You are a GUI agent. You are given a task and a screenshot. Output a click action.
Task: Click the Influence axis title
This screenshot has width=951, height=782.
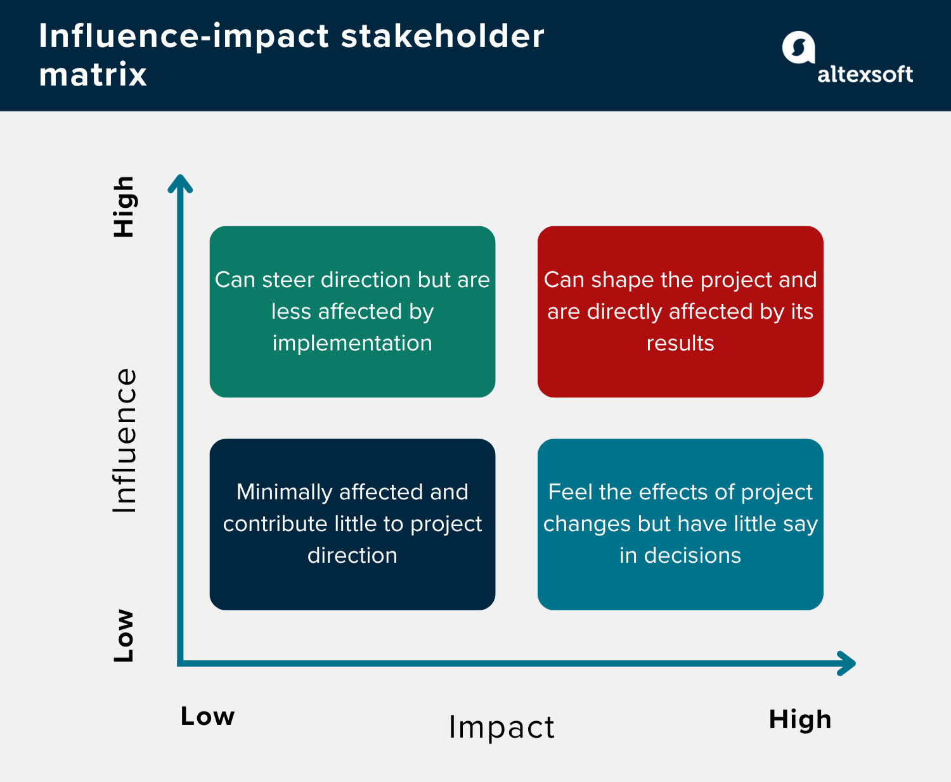pyautogui.click(x=125, y=440)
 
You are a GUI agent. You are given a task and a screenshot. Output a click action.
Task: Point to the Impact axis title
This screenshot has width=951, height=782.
pyautogui.click(x=501, y=727)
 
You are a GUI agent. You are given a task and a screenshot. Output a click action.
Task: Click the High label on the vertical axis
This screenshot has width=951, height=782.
pyautogui.click(x=124, y=207)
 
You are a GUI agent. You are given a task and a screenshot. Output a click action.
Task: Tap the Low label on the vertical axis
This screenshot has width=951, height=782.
pyautogui.click(x=124, y=636)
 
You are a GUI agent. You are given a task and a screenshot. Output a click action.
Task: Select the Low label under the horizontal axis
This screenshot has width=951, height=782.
pyautogui.click(x=207, y=716)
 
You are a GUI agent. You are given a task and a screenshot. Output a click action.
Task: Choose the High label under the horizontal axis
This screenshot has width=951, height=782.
pyautogui.click(x=799, y=720)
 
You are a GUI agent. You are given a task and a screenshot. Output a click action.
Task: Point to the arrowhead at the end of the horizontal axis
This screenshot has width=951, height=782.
pyautogui.click(x=848, y=663)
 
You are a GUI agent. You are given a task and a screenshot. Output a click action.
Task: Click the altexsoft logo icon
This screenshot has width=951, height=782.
pyautogui.click(x=798, y=48)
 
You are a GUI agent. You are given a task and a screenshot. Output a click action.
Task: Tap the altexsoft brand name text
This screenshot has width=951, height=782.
pyautogui.click(x=865, y=75)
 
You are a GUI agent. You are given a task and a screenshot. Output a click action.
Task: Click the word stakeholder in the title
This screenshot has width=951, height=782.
pyautogui.click(x=443, y=36)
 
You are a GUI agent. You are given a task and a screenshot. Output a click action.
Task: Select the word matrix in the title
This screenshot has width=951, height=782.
pyautogui.click(x=93, y=75)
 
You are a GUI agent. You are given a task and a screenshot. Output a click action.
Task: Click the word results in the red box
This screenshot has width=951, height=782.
pyautogui.click(x=680, y=343)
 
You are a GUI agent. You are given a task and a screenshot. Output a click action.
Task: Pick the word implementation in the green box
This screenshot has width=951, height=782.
pyautogui.click(x=352, y=343)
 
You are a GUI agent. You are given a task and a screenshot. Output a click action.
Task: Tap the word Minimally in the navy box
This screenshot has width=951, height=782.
pyautogui.click(x=284, y=492)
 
